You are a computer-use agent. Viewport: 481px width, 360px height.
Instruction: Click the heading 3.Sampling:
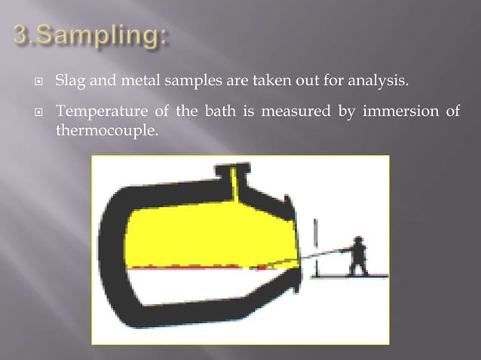(x=91, y=35)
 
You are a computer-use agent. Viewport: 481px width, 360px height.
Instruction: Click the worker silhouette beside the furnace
(x=358, y=256)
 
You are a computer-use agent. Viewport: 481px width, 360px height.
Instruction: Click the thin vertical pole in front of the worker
(x=315, y=245)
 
